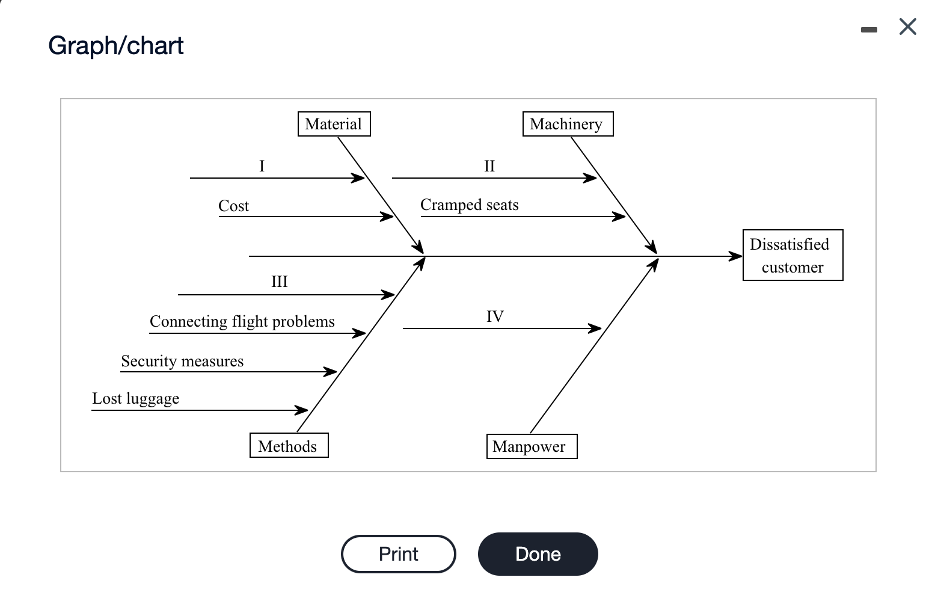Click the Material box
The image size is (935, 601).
[x=334, y=124]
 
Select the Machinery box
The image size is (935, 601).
[x=568, y=124]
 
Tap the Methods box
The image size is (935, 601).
[x=289, y=446]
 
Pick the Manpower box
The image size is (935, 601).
[x=531, y=446]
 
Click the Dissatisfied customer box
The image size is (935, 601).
[x=792, y=255]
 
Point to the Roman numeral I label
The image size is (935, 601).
[x=262, y=166]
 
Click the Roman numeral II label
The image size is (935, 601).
[x=489, y=166]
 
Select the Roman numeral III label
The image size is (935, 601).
[x=280, y=282]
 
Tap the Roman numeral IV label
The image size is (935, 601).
[x=495, y=316]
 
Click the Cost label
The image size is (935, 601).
[x=233, y=206]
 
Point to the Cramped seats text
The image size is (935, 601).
[x=469, y=205]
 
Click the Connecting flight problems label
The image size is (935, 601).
[x=242, y=321]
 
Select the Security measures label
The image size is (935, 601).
[x=182, y=361]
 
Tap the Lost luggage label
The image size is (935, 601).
[x=135, y=398]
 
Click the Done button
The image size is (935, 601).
[x=538, y=554]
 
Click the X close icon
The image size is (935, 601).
[x=907, y=27]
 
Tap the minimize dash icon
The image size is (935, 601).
[x=868, y=29]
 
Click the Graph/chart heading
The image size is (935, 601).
[x=116, y=46]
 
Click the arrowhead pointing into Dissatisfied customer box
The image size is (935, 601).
[x=736, y=256]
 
